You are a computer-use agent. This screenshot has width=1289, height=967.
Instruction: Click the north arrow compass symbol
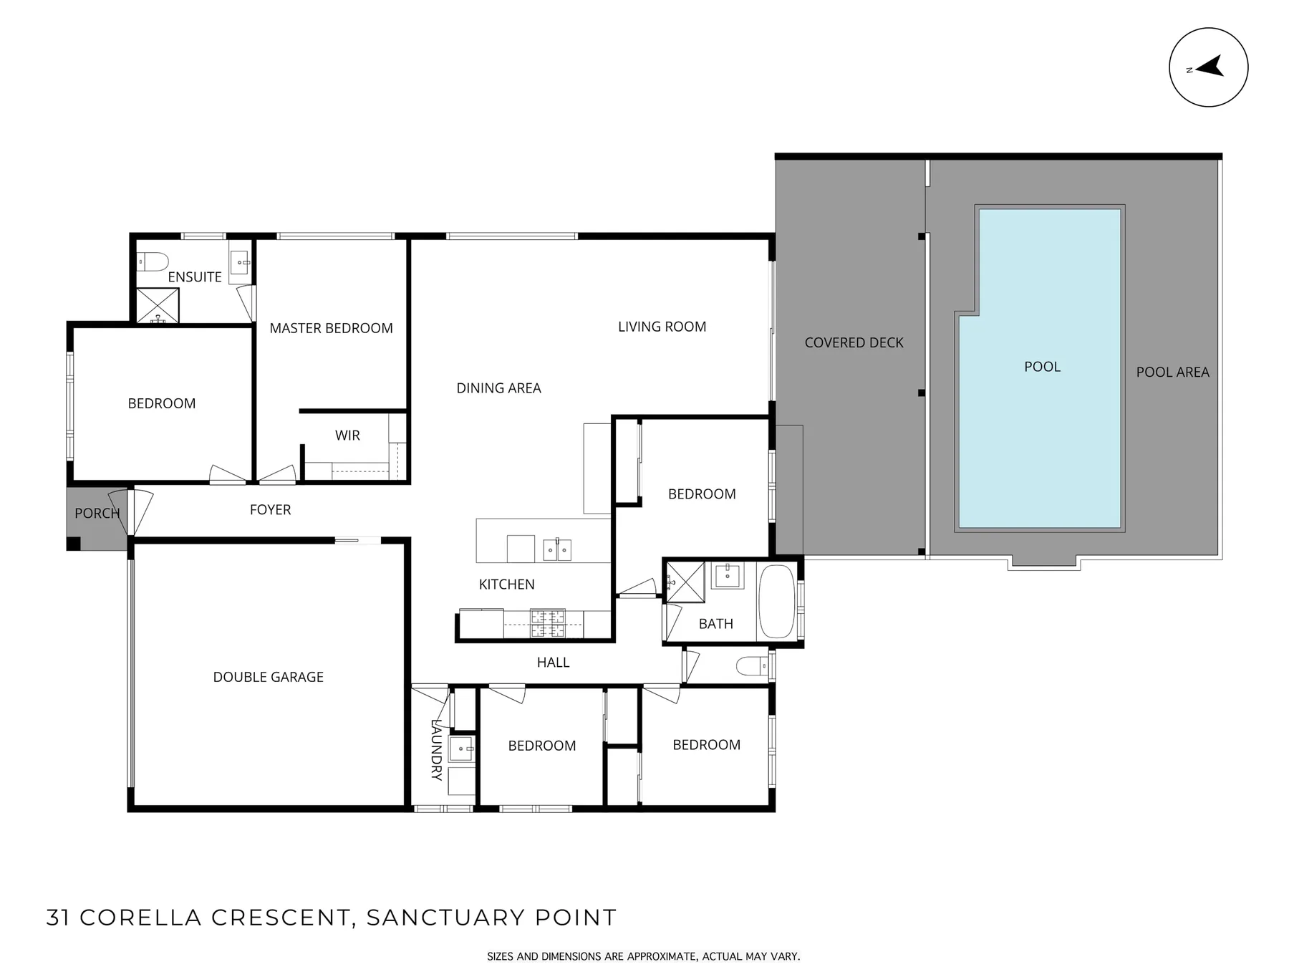tap(1208, 67)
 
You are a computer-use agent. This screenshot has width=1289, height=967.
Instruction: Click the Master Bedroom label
tap(331, 328)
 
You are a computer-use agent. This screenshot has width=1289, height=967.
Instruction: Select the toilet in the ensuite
tap(153, 261)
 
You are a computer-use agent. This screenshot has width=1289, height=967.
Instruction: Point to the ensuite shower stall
tap(158, 305)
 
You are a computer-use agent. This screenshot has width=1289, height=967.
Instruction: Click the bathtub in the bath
tap(776, 602)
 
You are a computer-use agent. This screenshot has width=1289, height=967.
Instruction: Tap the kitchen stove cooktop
tap(548, 622)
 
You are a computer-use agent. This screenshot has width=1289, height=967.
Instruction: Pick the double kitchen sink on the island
tap(557, 550)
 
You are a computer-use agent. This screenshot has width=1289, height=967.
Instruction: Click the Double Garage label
tap(269, 677)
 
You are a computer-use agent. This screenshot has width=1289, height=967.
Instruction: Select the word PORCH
tap(97, 513)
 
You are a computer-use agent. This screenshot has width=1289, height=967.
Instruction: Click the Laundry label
tap(436, 749)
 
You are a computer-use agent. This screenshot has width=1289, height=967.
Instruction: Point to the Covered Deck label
tap(854, 342)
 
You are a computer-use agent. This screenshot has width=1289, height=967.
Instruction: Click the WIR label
tap(347, 436)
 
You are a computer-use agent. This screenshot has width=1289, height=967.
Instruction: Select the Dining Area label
tap(498, 388)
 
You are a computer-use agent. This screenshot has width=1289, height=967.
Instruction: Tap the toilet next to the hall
tap(753, 666)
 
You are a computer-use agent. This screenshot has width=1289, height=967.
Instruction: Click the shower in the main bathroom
tap(685, 582)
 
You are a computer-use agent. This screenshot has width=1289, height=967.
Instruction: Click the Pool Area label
tap(1172, 372)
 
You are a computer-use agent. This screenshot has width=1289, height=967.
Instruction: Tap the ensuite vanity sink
tap(240, 263)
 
